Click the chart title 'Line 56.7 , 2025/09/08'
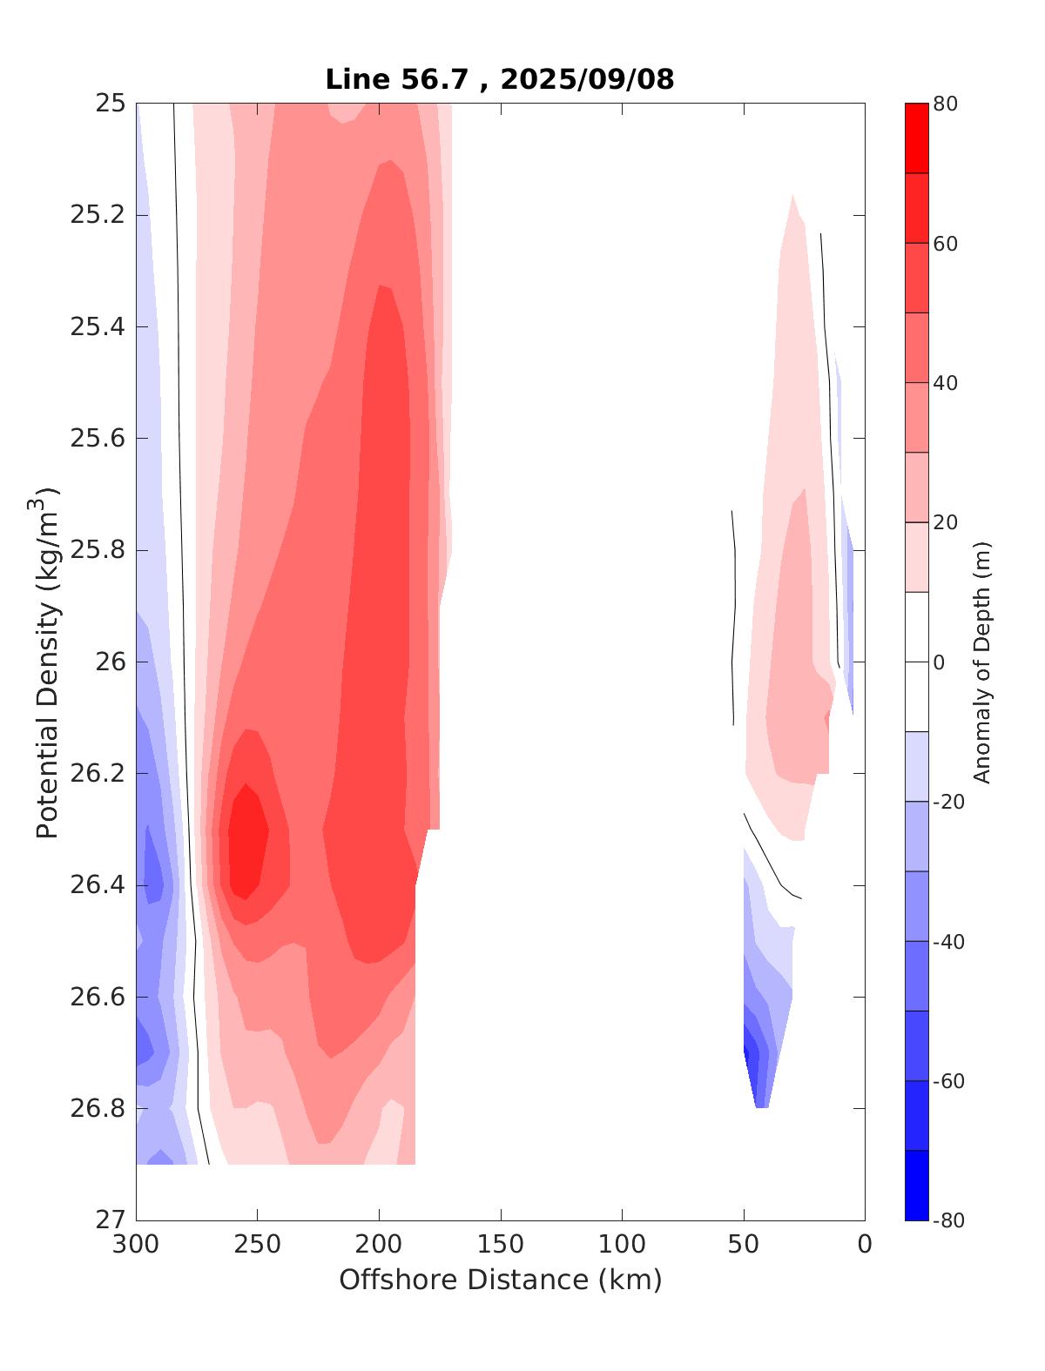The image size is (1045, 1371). coord(499,79)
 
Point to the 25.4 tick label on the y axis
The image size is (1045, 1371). coord(97,327)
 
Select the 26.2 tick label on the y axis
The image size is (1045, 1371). coord(97,774)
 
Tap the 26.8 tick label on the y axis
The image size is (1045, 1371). coord(97,1109)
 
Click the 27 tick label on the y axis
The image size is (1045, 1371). coord(111,1220)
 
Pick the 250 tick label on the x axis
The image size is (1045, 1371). coord(258,1245)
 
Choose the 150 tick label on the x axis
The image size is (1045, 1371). coord(501,1245)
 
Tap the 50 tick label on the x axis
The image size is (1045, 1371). coord(744,1245)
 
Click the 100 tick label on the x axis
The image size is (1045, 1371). coord(623,1245)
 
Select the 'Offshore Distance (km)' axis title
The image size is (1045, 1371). coord(500,1280)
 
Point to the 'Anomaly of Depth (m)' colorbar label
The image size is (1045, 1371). coord(982,662)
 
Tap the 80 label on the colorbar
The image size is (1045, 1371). coord(946,104)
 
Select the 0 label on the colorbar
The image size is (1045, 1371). coord(938,662)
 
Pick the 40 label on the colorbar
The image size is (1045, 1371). coord(946,383)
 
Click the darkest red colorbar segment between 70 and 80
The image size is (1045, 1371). coord(916,138)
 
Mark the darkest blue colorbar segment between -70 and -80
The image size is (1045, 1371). coord(916,1185)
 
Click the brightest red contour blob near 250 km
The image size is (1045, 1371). coord(247,840)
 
